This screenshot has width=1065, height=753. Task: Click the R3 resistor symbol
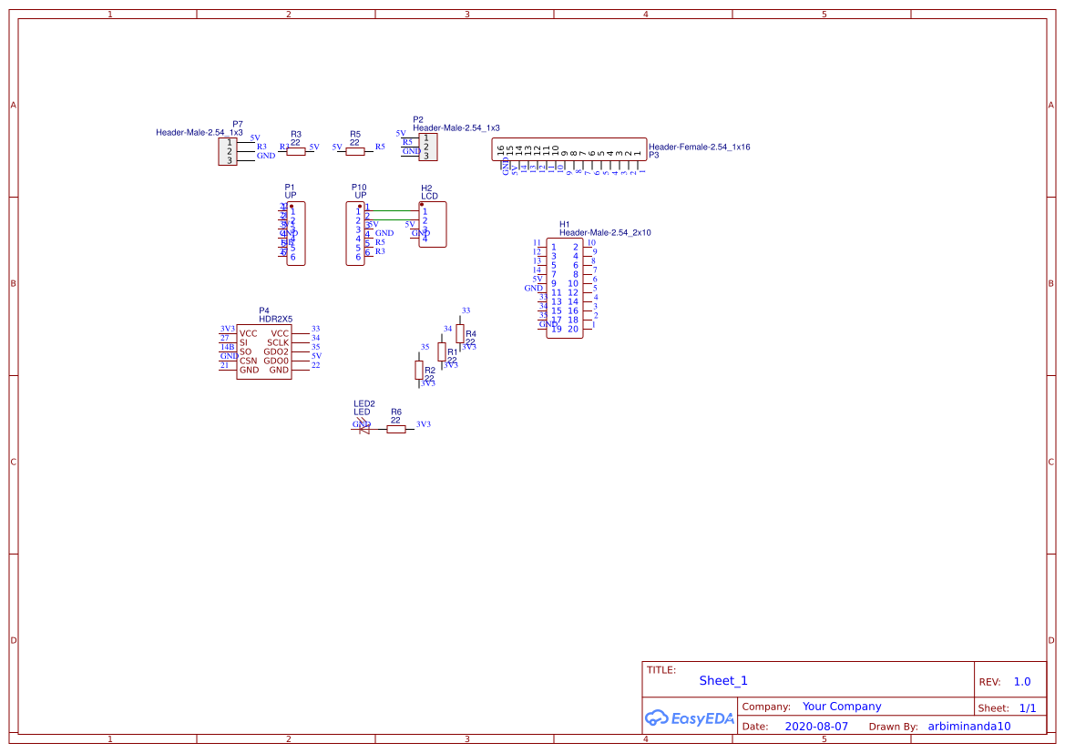coord(296,152)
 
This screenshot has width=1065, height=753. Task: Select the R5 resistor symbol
coord(355,151)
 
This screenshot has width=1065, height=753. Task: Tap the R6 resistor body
coord(396,429)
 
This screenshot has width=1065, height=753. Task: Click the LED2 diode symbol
coord(364,429)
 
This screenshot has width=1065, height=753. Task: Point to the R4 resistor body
coord(460,333)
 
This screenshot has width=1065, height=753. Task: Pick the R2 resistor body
coord(419,370)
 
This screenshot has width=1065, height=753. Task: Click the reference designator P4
coord(264,310)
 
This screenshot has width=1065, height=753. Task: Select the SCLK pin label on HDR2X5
coord(278,342)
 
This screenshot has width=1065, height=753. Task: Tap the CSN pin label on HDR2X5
coord(248,361)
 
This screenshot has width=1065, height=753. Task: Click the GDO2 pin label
coord(276,351)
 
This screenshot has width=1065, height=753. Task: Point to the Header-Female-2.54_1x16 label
coord(699,147)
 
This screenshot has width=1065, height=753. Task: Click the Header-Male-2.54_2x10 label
coord(605,233)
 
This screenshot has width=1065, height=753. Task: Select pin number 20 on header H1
coord(573,329)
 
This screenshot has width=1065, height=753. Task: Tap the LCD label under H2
coord(428,196)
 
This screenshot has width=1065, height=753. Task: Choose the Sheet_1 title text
coord(723,680)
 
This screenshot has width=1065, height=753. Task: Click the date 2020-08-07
coord(816,727)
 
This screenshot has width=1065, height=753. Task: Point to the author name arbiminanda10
coord(969,727)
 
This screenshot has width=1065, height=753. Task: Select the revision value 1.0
coord(1022,681)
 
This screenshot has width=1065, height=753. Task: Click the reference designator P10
coord(359,187)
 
